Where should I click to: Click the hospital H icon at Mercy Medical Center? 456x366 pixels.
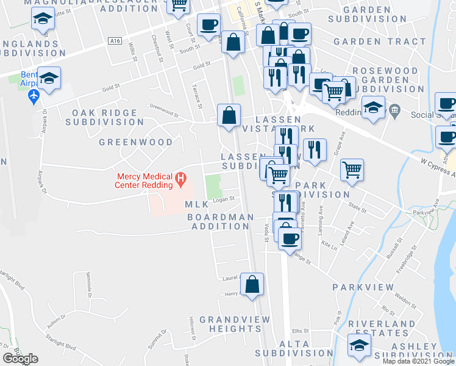pyautogui.click(x=180, y=179)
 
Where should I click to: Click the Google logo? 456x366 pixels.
pyautogui.click(x=20, y=359)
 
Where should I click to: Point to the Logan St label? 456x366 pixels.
pyautogui.click(x=223, y=199)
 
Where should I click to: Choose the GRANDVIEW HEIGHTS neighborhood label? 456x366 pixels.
pyautogui.click(x=234, y=324)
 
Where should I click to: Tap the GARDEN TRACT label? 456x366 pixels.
pyautogui.click(x=380, y=41)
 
